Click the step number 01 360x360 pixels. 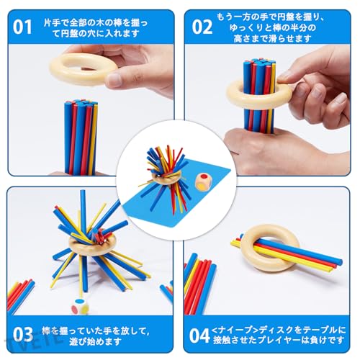pyautogui.click(x=22, y=27)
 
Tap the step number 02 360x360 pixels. pyautogui.click(x=202, y=27)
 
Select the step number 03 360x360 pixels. pyautogui.click(x=23, y=334)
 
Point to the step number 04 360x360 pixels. pyautogui.click(x=199, y=336)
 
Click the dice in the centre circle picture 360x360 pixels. pyautogui.click(x=202, y=181)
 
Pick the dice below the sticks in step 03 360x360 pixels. pyautogui.click(x=80, y=307)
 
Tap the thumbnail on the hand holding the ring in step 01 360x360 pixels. pyautogui.click(x=113, y=80)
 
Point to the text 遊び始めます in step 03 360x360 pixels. pyautogui.click(x=95, y=341)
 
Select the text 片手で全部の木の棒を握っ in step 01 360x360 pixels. pyautogui.click(x=96, y=23)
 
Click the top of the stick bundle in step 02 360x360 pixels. pyautogui.click(x=259, y=63)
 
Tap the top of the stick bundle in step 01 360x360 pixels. pyautogui.click(x=81, y=103)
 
